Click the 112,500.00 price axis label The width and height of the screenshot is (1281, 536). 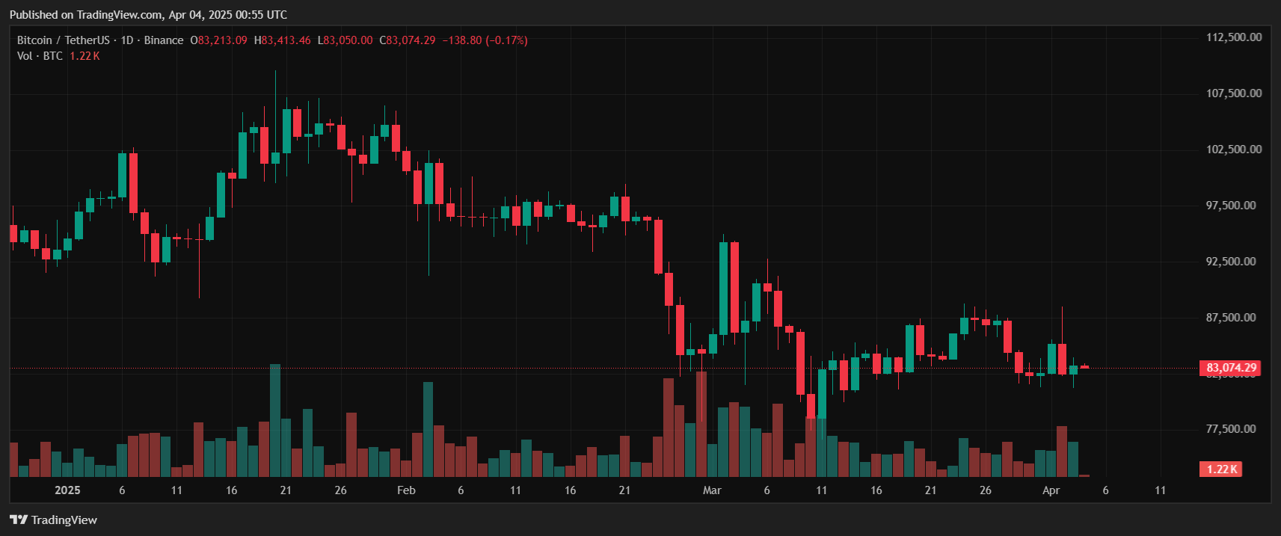pos(1233,37)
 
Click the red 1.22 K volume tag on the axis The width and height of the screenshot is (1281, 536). pos(1222,469)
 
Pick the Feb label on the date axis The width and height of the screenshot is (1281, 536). pos(406,490)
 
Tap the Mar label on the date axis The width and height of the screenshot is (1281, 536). pos(712,490)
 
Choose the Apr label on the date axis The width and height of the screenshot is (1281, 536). pos(1051,490)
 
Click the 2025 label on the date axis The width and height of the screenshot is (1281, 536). pos(67,490)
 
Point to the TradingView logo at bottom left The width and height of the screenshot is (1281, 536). pos(54,520)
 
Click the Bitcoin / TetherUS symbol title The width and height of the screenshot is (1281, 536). pos(63,40)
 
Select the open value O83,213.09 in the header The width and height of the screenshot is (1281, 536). pos(218,40)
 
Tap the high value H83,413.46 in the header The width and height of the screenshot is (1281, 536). pos(282,40)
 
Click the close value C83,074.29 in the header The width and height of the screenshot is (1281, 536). pos(407,40)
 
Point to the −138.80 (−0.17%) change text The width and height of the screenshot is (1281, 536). pos(485,40)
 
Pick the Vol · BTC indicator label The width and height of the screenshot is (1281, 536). pos(40,56)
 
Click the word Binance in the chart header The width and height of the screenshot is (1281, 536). pos(163,40)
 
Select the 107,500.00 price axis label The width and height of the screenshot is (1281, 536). pos(1233,93)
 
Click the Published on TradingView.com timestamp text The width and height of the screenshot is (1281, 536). pos(148,15)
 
